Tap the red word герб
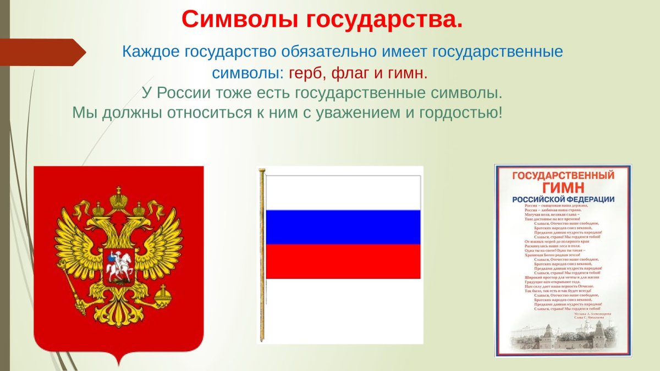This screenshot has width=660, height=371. tap(305, 73)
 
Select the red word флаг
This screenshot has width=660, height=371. tap(348, 73)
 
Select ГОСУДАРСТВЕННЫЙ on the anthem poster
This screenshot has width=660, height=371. tap(563, 176)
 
